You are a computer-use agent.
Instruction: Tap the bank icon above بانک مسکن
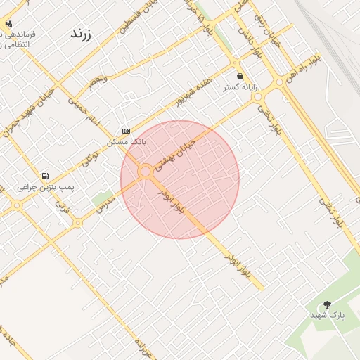(x=126, y=131)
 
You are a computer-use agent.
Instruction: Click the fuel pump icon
(x=46, y=176)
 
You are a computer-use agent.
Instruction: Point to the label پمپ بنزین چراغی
(x=46, y=188)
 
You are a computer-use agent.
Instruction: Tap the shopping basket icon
(x=240, y=76)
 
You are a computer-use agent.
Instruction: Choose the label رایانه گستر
(x=240, y=87)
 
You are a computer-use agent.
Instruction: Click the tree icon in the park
(x=327, y=304)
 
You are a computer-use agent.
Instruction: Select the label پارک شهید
(x=328, y=316)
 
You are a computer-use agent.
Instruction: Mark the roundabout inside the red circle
(x=146, y=171)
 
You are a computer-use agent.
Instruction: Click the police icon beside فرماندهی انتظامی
(x=8, y=22)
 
